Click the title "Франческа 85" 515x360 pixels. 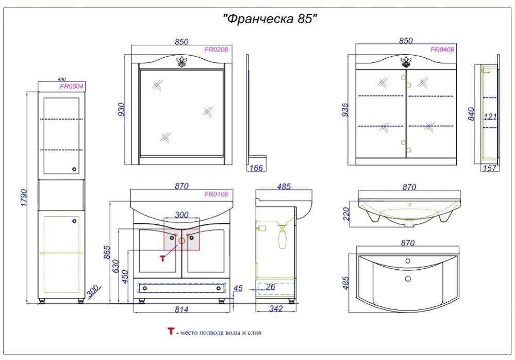coord(270,19)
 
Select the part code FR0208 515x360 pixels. coord(216,50)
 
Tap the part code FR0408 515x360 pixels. coord(442,50)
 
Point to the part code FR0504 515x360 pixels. coord(72,86)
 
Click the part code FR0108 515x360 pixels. coord(216,194)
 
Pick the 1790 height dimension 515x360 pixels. coord(24,198)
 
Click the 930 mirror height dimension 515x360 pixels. coord(121,109)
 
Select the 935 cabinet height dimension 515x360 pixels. coord(344,110)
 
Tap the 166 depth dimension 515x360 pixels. coord(256,168)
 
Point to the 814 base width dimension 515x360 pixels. coord(181,309)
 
